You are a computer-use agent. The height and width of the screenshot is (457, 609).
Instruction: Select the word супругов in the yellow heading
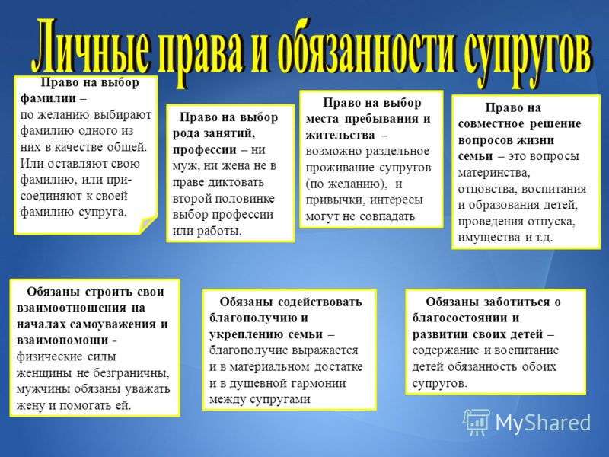coord(528,53)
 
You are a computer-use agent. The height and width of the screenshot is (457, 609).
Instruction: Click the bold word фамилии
coord(48,99)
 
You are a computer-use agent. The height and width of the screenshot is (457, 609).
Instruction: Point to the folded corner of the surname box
coord(148,225)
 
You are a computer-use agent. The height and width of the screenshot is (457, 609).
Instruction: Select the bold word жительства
coord(340,135)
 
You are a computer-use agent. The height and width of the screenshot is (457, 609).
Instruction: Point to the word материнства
coord(493,173)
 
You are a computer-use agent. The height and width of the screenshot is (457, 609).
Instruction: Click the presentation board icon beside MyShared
coord(477,422)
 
